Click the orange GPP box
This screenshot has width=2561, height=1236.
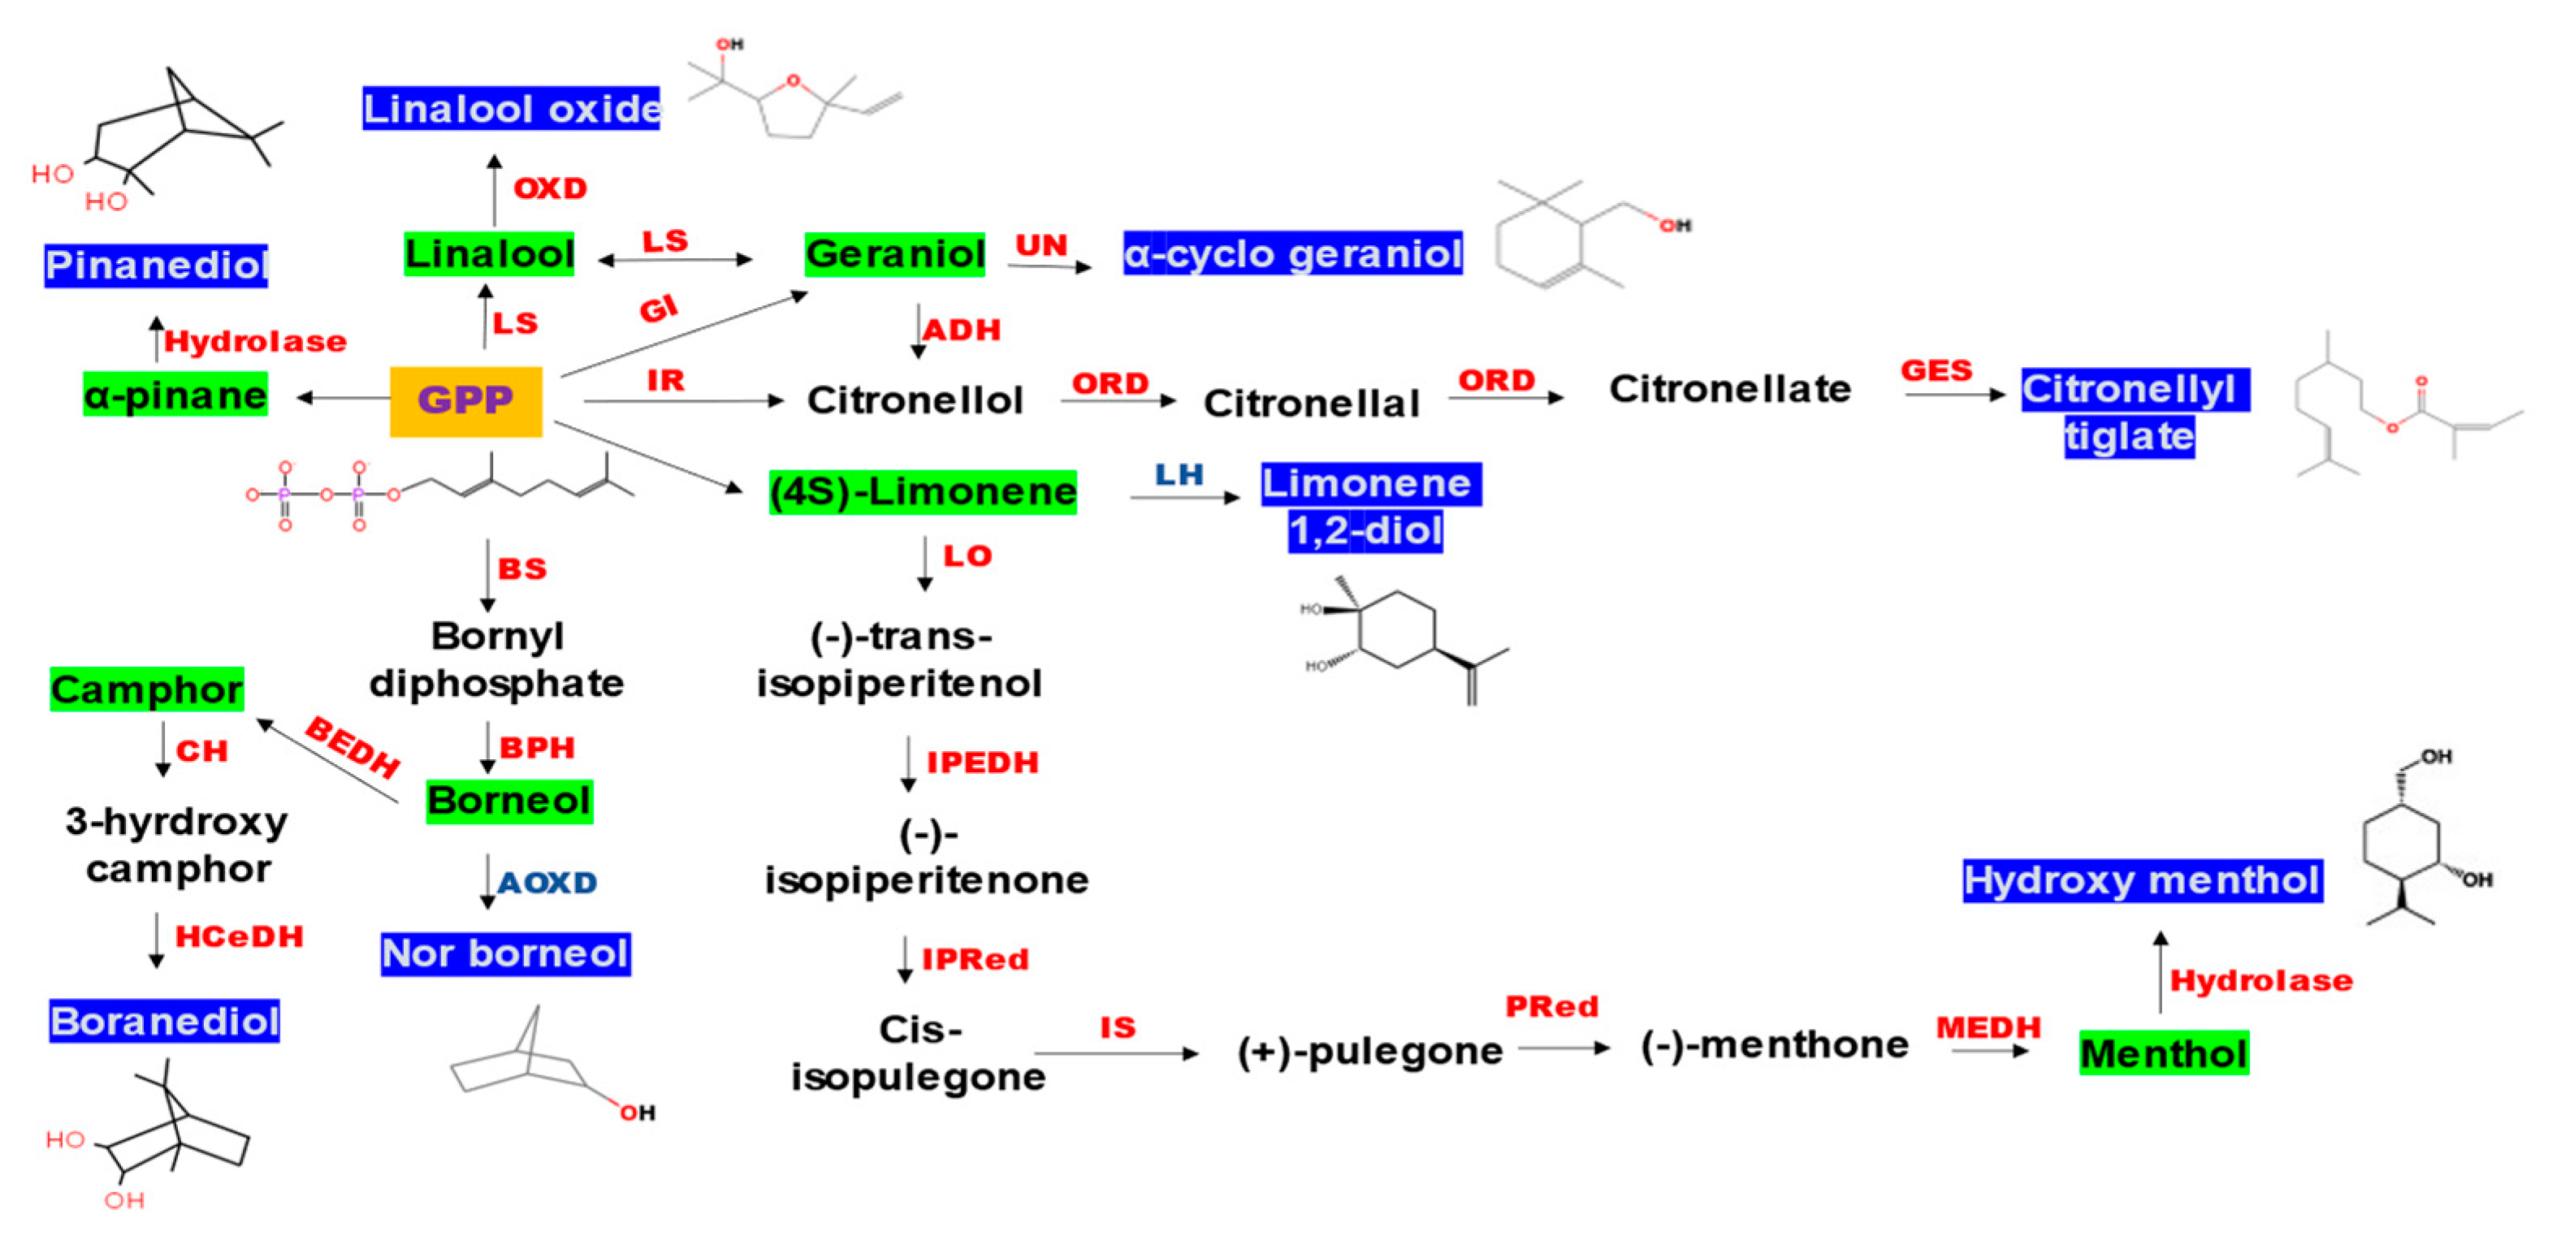(x=465, y=400)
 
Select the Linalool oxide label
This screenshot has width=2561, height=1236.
(x=511, y=108)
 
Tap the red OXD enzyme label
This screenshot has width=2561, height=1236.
(x=550, y=188)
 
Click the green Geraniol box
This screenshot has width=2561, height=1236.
(x=895, y=253)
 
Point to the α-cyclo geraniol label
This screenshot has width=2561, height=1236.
(x=1292, y=253)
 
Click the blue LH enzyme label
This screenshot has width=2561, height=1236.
(x=1179, y=474)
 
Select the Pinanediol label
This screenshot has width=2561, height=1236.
(x=156, y=266)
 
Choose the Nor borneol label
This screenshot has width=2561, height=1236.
(x=505, y=953)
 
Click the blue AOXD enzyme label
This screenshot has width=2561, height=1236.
(x=547, y=882)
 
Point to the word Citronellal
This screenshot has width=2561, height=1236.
(x=1310, y=403)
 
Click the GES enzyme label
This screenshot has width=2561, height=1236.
(x=1936, y=371)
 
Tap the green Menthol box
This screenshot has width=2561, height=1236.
(x=2163, y=1053)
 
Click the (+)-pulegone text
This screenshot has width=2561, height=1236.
(x=1369, y=1051)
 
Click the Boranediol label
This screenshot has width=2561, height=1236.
(x=164, y=1022)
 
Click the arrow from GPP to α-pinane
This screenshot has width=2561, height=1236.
(x=343, y=398)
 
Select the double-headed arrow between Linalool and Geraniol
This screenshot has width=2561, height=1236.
(x=675, y=261)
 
